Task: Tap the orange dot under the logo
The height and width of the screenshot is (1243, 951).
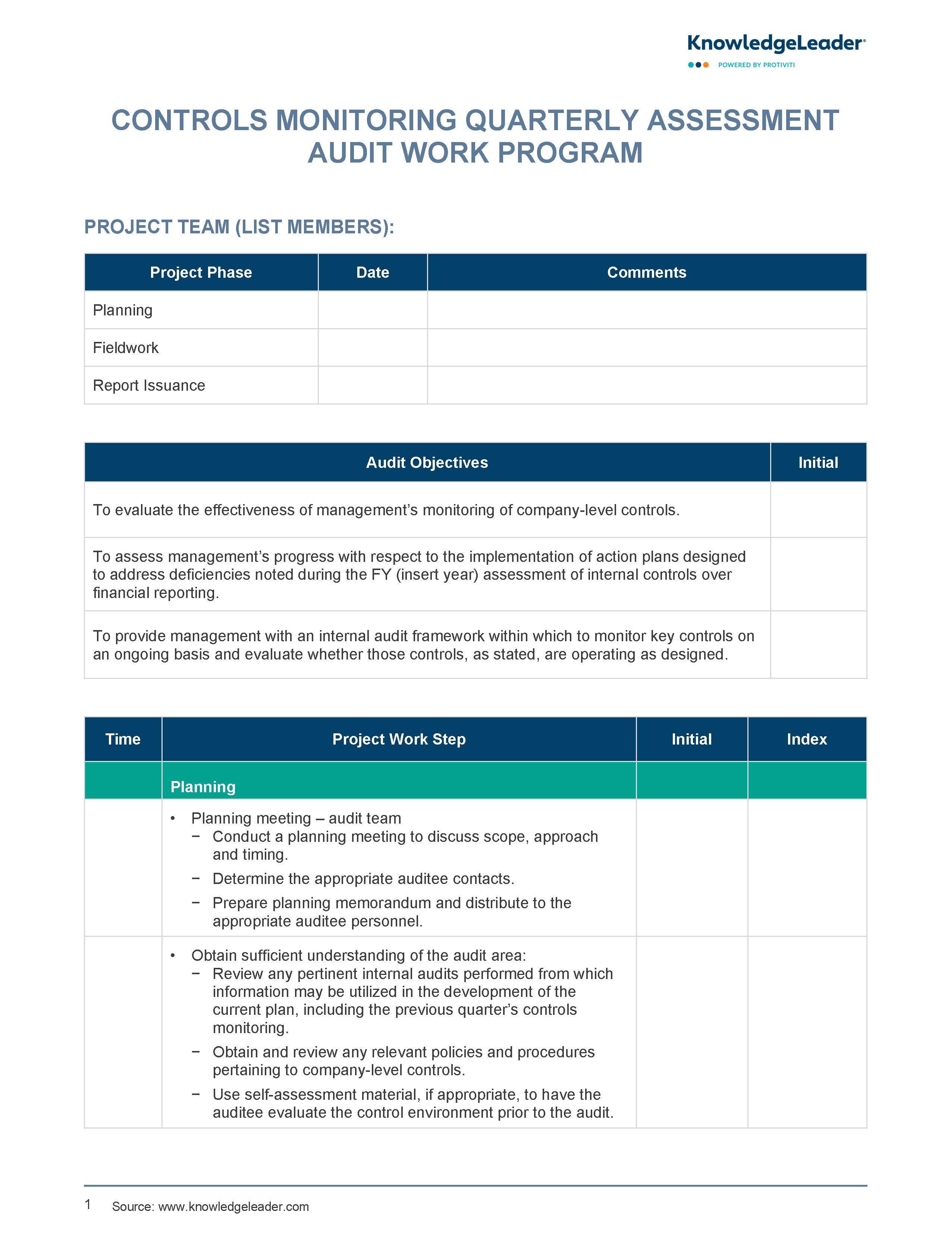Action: click(x=706, y=65)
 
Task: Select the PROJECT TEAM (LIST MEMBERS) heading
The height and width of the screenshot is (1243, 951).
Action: click(x=239, y=227)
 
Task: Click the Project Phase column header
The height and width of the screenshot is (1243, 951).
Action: click(x=201, y=273)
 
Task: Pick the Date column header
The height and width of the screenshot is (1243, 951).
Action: click(x=373, y=273)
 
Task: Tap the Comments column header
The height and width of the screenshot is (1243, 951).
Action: click(x=646, y=273)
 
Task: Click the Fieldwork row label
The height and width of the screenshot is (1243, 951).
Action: click(x=126, y=348)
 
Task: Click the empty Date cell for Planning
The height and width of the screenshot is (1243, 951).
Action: click(x=373, y=310)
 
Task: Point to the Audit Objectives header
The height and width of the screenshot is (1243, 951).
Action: click(x=427, y=463)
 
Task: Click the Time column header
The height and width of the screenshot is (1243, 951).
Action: click(x=123, y=739)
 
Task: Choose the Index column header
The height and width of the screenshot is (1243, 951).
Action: click(x=807, y=739)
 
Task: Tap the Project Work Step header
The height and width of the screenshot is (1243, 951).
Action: click(x=399, y=739)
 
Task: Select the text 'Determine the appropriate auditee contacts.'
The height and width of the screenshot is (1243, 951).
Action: click(x=363, y=879)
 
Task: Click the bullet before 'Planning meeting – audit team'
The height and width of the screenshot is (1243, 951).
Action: click(x=173, y=819)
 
